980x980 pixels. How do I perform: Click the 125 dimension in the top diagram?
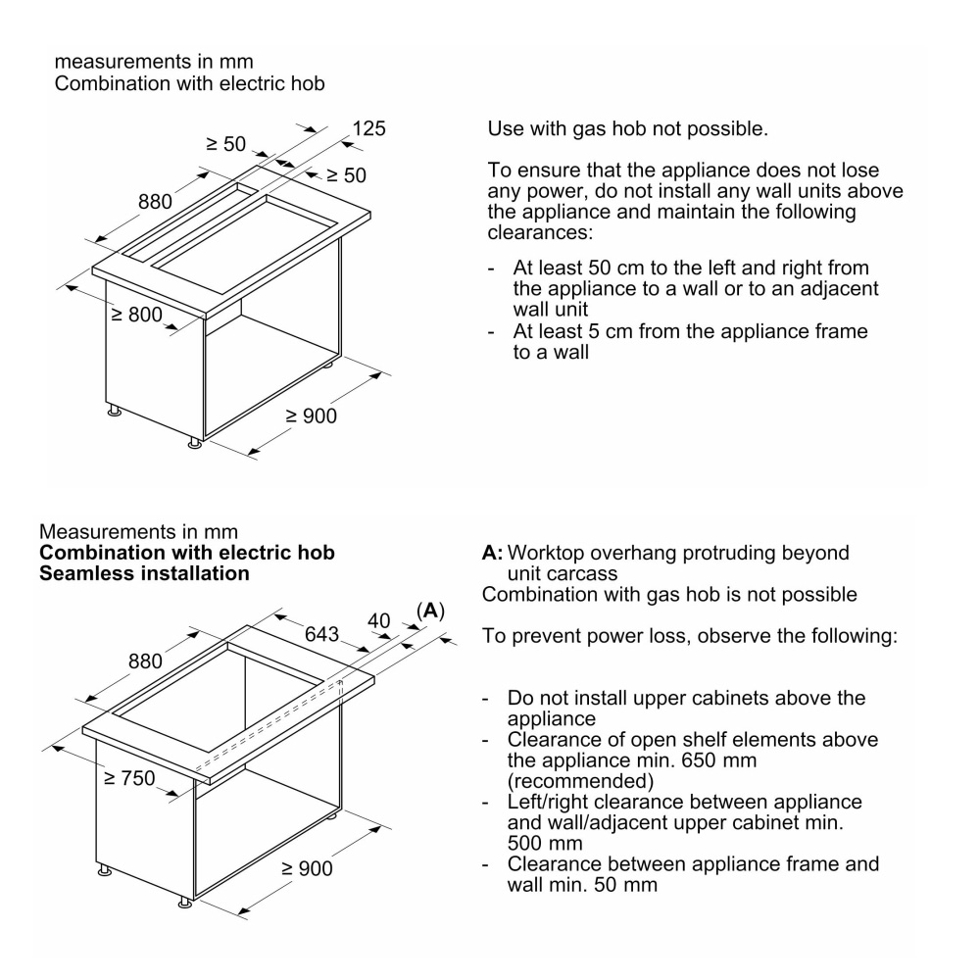pyautogui.click(x=368, y=128)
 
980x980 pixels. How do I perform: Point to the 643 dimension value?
pyautogui.click(x=322, y=634)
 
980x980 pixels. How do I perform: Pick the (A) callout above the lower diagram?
pyautogui.click(x=429, y=611)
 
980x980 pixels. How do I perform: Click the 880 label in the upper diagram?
pyautogui.click(x=154, y=202)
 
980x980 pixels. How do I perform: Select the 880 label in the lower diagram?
pyautogui.click(x=148, y=661)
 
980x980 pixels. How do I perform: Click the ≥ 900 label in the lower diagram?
pyautogui.click(x=308, y=869)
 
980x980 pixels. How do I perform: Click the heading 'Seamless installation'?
pyautogui.click(x=144, y=573)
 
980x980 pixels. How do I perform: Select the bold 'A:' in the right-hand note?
pyautogui.click(x=492, y=553)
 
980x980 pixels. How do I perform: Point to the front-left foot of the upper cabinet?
pyautogui.click(x=115, y=412)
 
